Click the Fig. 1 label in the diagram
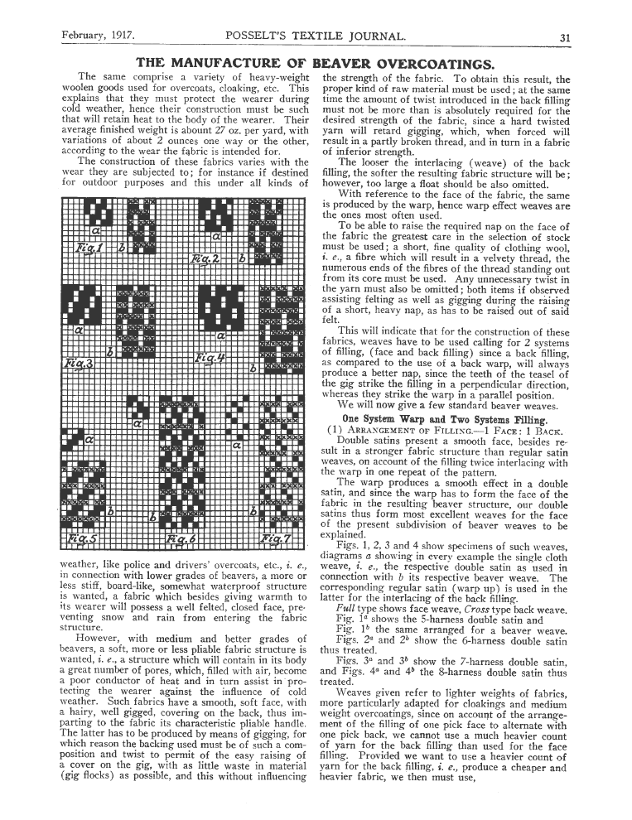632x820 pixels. pyautogui.click(x=87, y=247)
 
